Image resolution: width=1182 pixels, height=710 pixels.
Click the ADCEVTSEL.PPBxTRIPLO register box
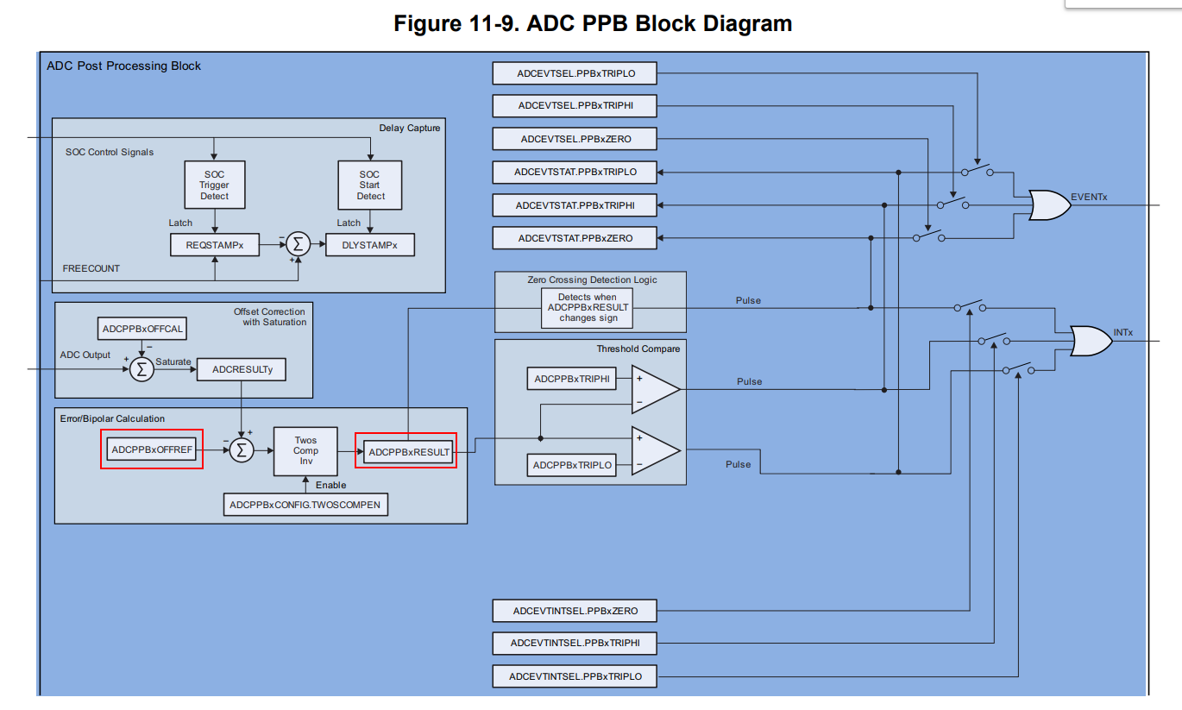tap(575, 73)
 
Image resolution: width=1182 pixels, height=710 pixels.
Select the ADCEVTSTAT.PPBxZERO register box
tap(575, 238)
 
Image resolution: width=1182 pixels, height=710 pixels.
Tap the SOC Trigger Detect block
tap(215, 185)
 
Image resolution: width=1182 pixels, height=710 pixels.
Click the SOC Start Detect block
tap(370, 185)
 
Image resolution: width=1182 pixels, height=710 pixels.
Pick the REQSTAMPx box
tap(215, 245)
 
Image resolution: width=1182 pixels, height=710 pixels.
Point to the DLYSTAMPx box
tap(370, 245)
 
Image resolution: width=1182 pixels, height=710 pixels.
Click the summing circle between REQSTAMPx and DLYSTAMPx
tap(299, 244)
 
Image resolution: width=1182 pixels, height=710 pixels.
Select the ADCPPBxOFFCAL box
tap(142, 329)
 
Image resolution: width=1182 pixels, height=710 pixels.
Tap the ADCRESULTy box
tap(242, 369)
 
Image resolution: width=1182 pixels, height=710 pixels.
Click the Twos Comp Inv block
tap(305, 451)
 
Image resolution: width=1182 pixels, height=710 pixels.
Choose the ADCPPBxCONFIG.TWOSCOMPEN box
tap(305, 505)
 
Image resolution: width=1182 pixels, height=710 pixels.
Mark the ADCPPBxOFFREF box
tap(152, 449)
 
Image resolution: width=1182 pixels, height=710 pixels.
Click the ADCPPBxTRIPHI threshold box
tap(571, 379)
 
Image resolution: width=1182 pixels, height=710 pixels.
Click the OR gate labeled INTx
tap(1091, 341)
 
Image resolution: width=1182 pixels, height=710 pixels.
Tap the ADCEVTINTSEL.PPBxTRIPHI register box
tap(575, 643)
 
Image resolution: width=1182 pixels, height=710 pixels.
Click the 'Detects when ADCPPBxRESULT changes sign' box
tap(588, 307)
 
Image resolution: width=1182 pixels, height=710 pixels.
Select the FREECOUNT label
tap(91, 268)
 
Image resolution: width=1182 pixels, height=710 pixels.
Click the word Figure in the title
tap(427, 24)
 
